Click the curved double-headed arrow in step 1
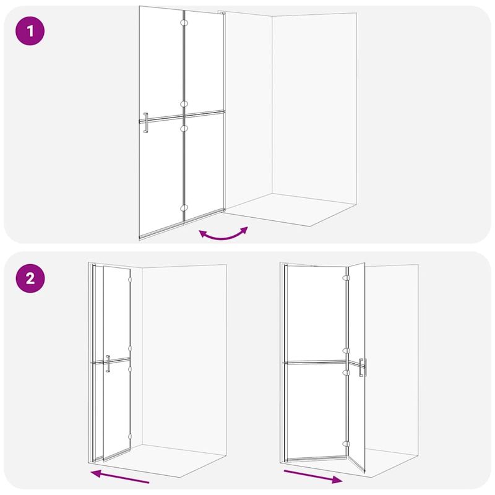pos(223,235)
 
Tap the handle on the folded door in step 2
pos(108,363)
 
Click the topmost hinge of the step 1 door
pos(183,22)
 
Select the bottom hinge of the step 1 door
pos(183,208)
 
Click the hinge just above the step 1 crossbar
pos(183,104)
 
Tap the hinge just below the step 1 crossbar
pos(183,128)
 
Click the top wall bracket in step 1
pos(220,12)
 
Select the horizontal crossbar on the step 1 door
pos(186,116)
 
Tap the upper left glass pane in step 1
pos(161,62)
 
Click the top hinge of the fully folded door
pos(129,280)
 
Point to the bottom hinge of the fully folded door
pos(129,437)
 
